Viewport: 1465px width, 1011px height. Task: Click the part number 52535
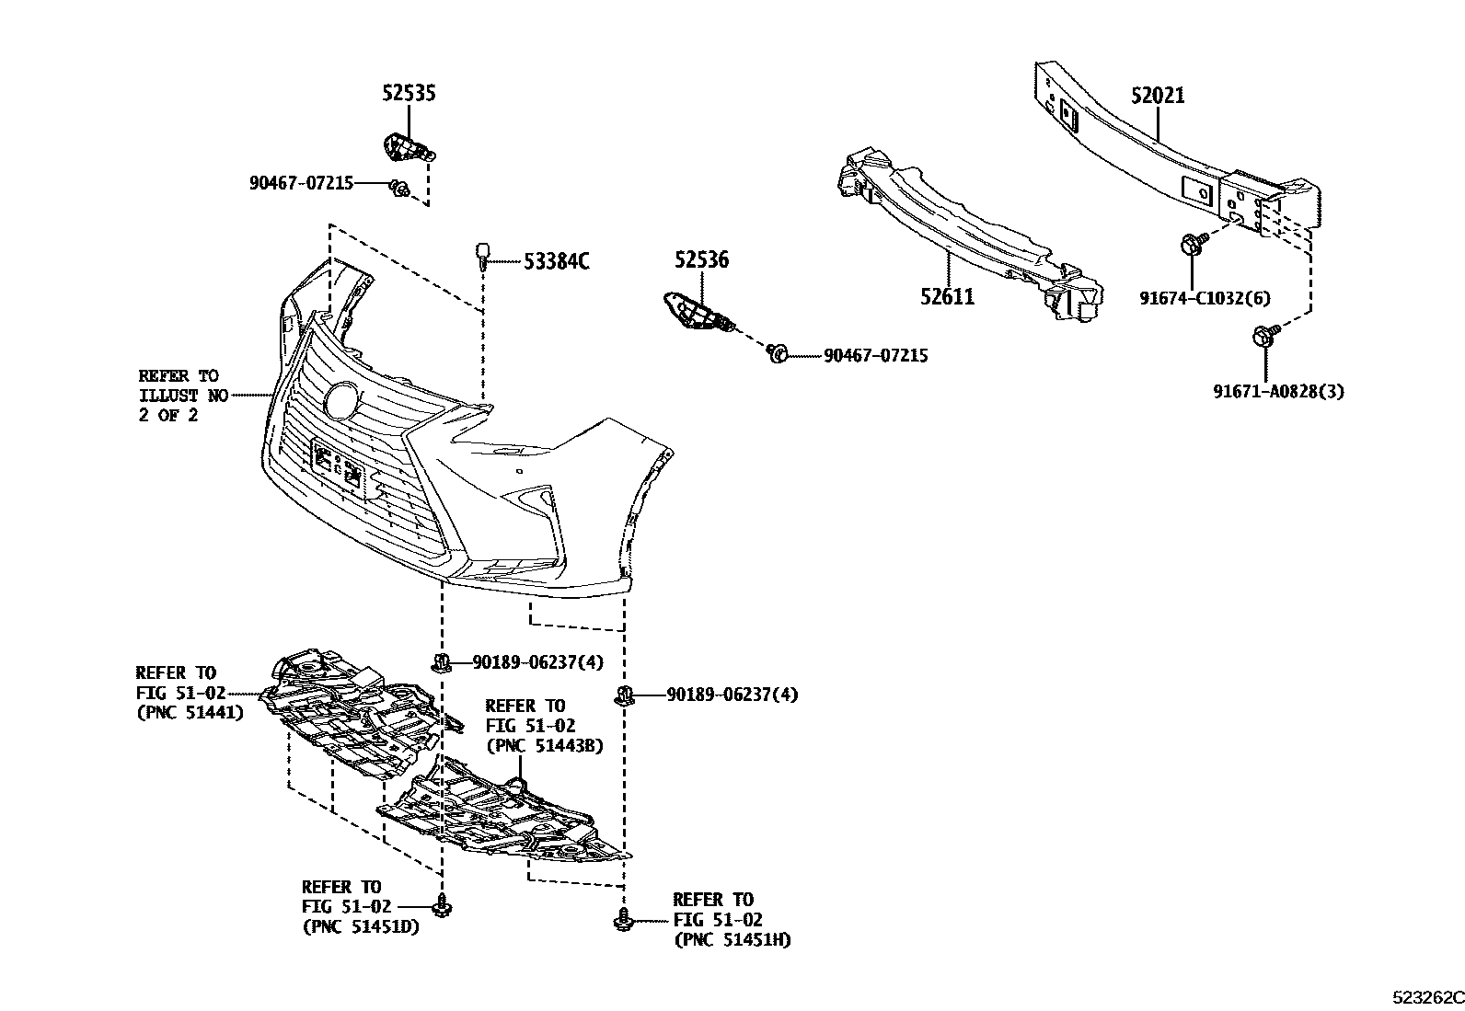tap(409, 93)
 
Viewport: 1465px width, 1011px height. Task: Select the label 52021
tap(1158, 96)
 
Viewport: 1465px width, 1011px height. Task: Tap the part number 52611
tap(947, 296)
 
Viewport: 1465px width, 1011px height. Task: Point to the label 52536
tap(700, 260)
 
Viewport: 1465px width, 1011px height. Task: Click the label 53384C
tap(556, 261)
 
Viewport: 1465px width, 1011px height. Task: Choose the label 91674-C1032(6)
tap(1204, 297)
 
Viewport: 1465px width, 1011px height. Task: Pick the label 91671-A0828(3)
tap(1278, 391)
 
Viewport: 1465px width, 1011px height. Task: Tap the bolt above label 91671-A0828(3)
tap(1263, 336)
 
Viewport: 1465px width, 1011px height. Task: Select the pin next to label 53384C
tap(482, 254)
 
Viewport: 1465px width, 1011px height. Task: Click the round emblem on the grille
tap(342, 398)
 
